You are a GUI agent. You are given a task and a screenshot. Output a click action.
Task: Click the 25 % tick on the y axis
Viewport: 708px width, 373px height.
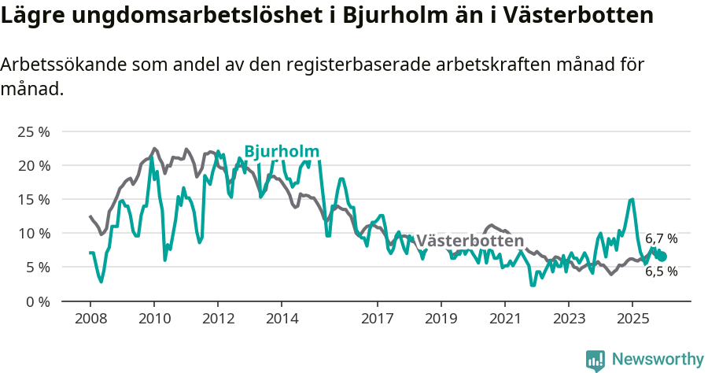tap(33, 131)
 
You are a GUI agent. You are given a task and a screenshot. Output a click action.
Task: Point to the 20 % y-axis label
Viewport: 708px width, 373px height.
tap(33, 165)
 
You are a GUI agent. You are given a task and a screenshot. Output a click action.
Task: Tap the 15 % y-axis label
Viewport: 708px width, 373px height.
tap(33, 199)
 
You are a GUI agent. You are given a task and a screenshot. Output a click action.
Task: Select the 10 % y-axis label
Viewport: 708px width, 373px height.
tap(33, 233)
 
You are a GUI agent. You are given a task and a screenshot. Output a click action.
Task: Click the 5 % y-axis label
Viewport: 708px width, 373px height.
tap(36, 267)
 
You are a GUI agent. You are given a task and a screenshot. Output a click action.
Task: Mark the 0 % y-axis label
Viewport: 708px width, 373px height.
tap(36, 301)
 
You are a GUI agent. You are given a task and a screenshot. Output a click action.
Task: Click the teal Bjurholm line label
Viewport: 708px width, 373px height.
tap(282, 151)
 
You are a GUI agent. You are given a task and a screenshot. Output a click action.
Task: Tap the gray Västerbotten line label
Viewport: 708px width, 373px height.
tap(470, 241)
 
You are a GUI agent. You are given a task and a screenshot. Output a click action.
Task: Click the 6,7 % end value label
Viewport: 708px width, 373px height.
tap(661, 238)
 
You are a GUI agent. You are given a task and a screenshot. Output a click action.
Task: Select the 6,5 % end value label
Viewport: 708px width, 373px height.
tap(661, 271)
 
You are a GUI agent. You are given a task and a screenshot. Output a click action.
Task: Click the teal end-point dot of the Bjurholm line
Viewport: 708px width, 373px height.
tap(662, 257)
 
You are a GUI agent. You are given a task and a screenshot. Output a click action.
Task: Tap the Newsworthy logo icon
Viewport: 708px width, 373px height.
tap(596, 360)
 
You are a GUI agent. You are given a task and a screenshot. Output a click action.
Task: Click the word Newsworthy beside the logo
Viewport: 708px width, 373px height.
tap(658, 360)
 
